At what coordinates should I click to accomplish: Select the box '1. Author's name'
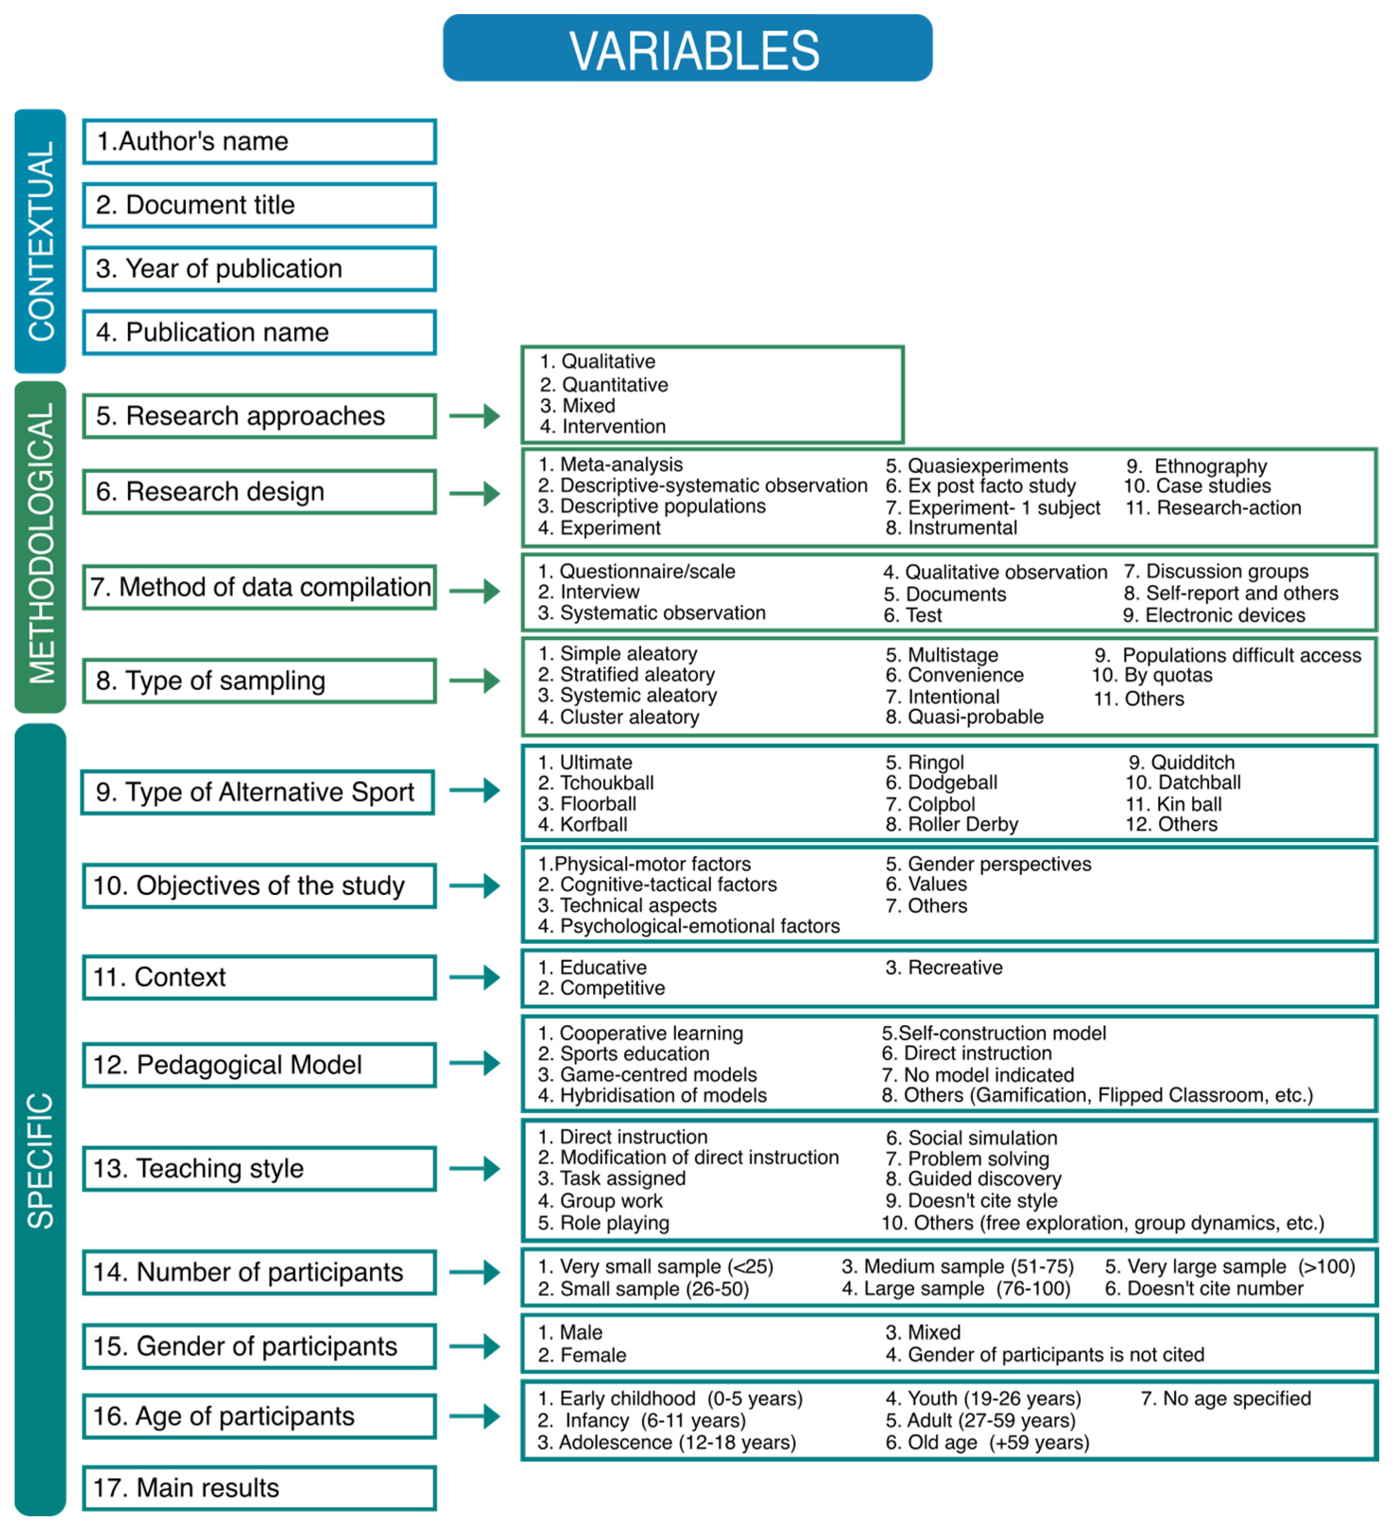pos(259,142)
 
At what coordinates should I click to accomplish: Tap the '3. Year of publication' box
pos(259,269)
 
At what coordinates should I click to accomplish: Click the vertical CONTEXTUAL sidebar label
pos(40,241)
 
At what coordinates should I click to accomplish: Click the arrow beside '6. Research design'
pos(474,494)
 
